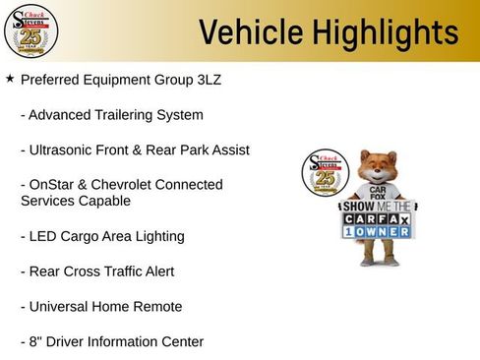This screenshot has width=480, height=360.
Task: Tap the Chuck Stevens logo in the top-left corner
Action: pos(30,30)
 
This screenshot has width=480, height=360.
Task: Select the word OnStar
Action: pos(53,185)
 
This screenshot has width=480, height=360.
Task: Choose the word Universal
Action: pos(60,307)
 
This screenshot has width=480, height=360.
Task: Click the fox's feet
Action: pos(379,262)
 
